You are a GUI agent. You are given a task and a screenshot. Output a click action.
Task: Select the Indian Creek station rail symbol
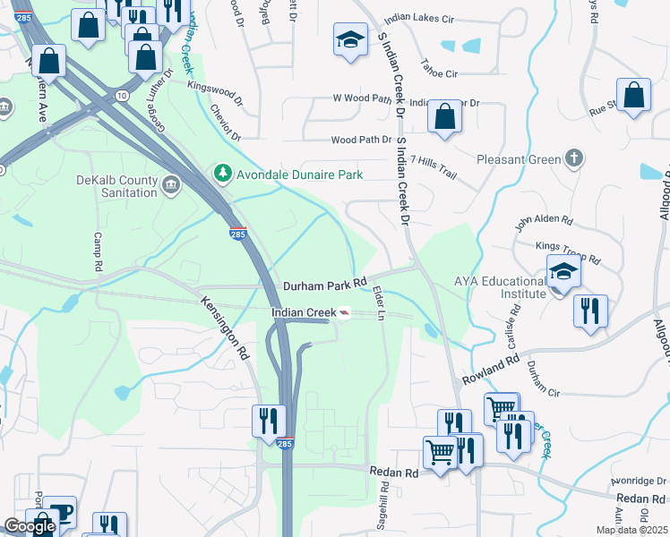point(344,312)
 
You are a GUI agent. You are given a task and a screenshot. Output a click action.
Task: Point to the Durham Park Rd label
point(325,285)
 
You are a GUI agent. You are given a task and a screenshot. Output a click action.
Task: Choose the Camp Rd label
point(99,254)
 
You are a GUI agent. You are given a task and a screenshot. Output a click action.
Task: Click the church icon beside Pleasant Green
point(575,158)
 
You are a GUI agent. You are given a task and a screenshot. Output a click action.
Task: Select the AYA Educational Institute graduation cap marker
point(564,271)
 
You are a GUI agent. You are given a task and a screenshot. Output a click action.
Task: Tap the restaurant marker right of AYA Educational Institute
point(590,311)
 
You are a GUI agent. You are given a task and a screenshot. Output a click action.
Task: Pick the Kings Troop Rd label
point(568,251)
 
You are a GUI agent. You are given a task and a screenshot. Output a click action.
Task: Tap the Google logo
point(30,526)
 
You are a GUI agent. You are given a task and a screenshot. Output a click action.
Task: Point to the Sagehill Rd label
point(383,503)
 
